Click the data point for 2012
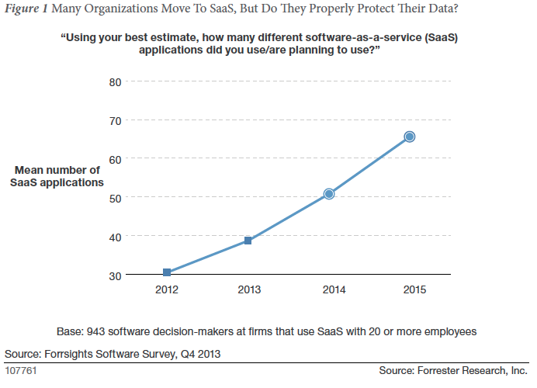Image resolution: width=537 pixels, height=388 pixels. [167, 272]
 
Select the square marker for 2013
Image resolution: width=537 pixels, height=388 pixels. [248, 241]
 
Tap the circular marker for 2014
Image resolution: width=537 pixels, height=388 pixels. [329, 193]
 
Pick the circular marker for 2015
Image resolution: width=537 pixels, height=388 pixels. [410, 137]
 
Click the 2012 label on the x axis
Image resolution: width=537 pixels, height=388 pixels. [167, 289]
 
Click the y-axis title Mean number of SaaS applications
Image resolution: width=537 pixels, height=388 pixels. [57, 176]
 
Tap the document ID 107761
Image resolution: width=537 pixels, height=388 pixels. [21, 371]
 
